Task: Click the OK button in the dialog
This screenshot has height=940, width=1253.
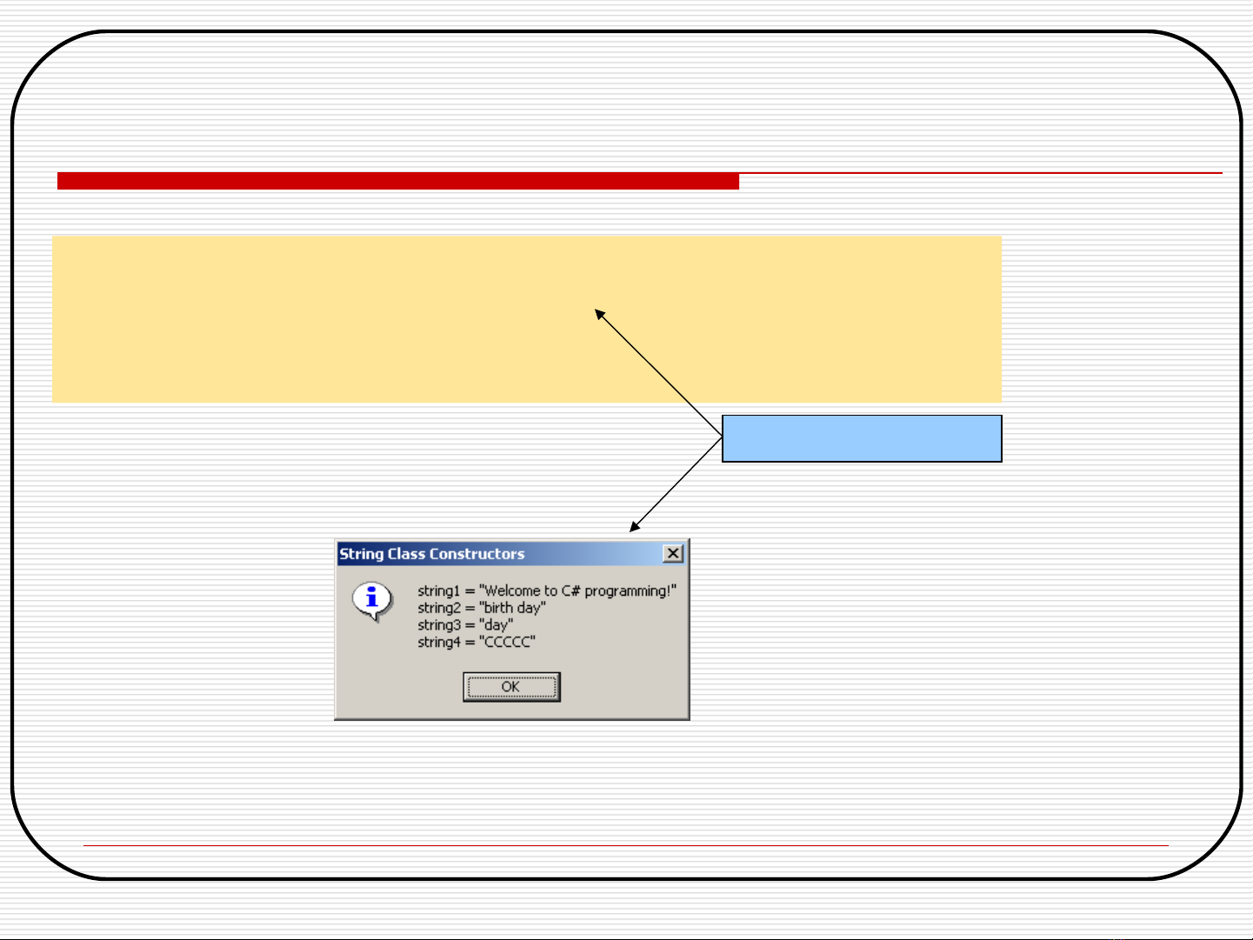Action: pos(511,687)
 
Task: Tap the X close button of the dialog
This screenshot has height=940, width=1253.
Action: pos(673,553)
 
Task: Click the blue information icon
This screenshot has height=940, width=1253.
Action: pos(372,601)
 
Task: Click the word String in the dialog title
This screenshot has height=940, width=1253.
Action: pos(362,554)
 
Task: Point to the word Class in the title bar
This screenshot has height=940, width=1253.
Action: pos(406,554)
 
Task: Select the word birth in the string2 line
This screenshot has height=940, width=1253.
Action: pos(497,608)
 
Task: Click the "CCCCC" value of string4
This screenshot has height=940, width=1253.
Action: pos(508,642)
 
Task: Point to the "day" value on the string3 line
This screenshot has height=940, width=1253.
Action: pos(496,625)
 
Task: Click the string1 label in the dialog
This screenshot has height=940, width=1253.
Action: pos(438,591)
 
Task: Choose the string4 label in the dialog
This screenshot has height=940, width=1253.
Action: pos(438,642)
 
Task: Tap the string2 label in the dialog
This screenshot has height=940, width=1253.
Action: pos(438,609)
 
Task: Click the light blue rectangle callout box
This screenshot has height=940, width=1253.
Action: pos(862,438)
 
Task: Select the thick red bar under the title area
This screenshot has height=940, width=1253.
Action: pos(398,181)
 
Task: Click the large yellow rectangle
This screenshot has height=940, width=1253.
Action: pos(527,319)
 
